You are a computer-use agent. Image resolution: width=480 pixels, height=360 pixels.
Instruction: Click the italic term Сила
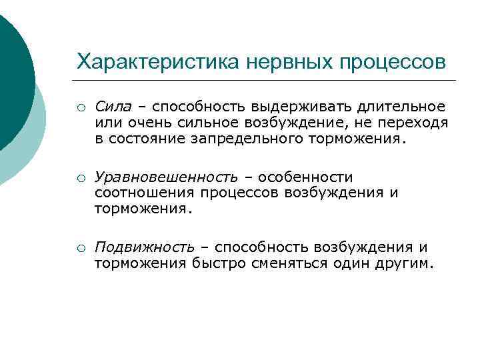coord(114,106)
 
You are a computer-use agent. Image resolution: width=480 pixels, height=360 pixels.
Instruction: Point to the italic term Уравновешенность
coord(166,177)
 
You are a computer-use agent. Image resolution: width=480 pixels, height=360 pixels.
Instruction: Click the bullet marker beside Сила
coord(79,107)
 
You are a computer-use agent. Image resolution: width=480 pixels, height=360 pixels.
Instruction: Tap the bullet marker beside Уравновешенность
coord(79,178)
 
